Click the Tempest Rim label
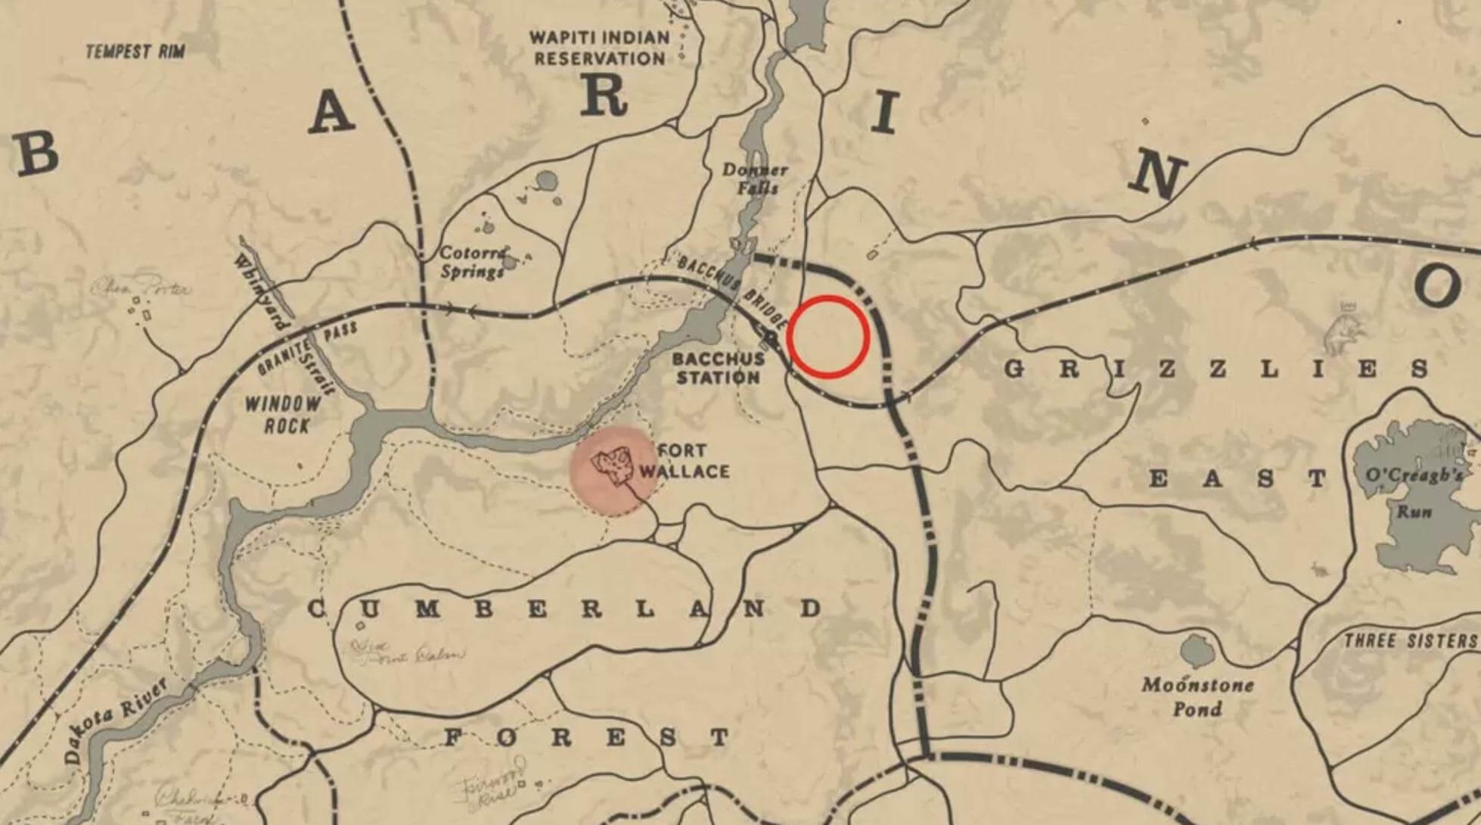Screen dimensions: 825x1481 (135, 51)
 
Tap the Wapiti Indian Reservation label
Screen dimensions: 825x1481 (600, 48)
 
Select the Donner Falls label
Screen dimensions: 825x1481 (754, 179)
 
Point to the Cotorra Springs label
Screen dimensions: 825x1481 (473, 262)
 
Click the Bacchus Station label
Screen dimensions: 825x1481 (717, 368)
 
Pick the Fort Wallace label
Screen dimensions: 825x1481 (684, 461)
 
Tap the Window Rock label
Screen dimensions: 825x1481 (282, 415)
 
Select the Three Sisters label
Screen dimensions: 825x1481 (1410, 641)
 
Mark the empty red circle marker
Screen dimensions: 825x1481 (827, 337)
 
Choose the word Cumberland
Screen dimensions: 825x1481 (564, 609)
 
